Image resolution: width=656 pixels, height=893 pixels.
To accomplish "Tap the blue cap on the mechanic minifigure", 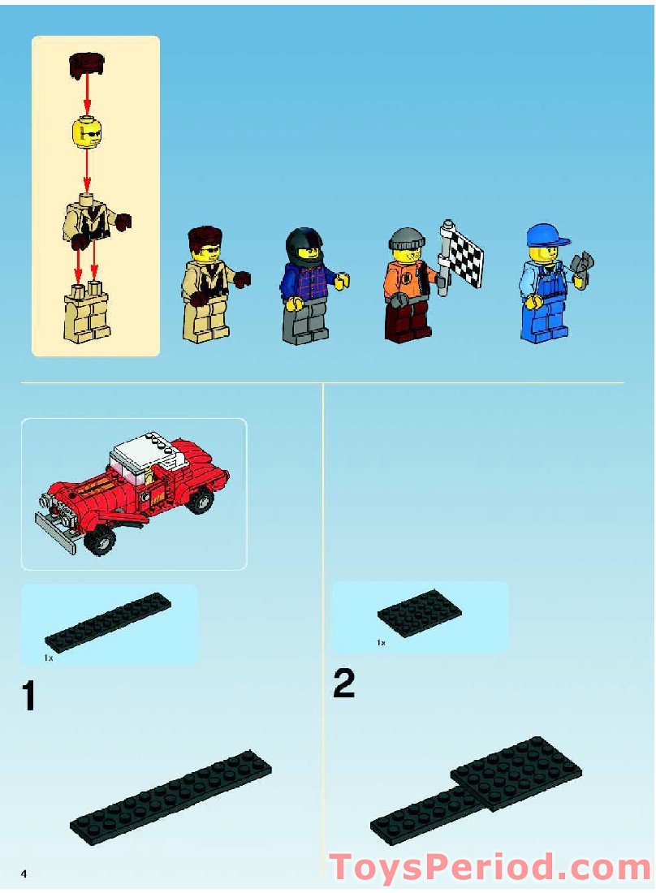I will point(544,235).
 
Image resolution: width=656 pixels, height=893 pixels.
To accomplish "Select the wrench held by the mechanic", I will point(583,269).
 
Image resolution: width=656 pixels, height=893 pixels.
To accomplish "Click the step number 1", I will point(29,697).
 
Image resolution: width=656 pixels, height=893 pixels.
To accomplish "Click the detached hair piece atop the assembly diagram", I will point(87,63).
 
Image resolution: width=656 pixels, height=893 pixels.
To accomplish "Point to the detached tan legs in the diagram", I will point(88,313).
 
